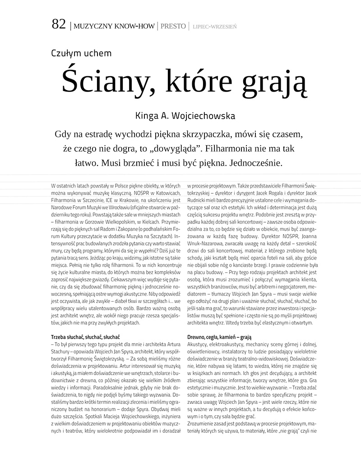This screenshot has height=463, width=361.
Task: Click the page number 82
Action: [x=59, y=25]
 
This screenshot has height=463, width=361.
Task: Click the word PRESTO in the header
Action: [x=173, y=26]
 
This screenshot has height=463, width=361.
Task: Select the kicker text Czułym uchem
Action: [x=81, y=53]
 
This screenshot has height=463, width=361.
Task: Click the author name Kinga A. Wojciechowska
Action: [x=185, y=116]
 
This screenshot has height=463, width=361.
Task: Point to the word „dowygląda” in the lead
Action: [x=171, y=148]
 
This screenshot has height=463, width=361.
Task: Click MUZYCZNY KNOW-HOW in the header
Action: [x=116, y=26]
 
